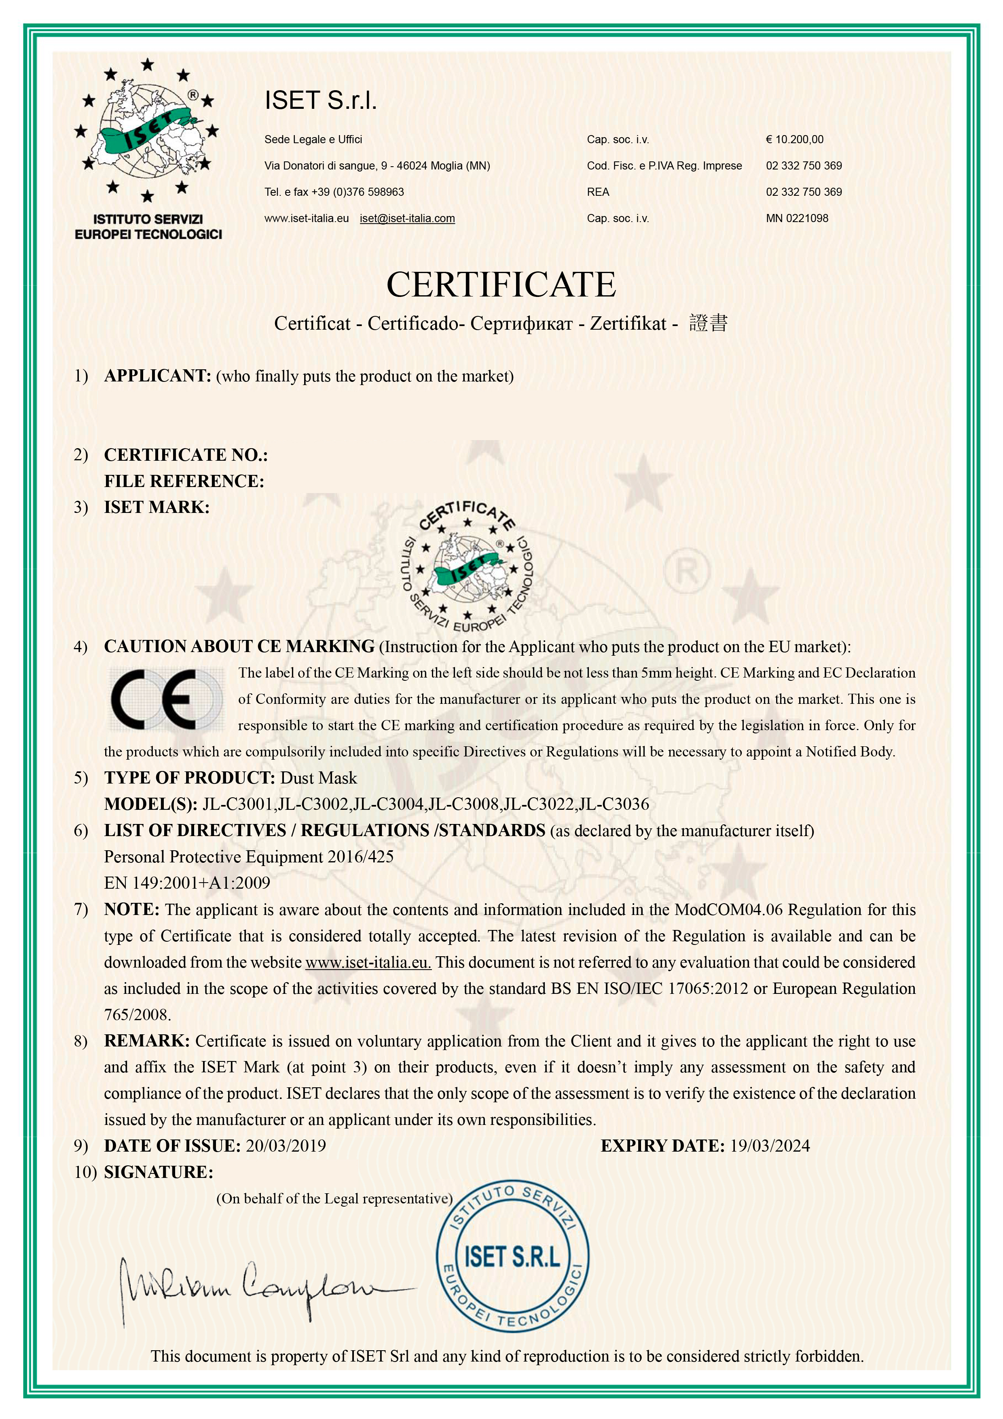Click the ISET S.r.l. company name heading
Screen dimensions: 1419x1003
pos(320,100)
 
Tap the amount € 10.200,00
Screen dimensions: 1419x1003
pos(794,140)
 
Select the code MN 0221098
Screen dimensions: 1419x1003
pos(797,218)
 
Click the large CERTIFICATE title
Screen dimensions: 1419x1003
pos(501,284)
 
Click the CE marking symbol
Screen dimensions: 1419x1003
pos(166,699)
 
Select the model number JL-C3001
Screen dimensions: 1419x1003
pos(238,804)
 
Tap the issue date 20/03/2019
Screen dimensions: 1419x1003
pos(286,1146)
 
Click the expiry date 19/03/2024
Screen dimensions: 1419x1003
pos(769,1146)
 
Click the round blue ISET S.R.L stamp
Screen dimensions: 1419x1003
pos(512,1258)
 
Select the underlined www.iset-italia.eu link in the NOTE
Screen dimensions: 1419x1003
pos(368,962)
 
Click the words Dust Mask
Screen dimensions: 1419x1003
pos(318,778)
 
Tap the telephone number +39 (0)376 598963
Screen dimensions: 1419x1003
pos(357,192)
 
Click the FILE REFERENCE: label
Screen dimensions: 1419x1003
pos(184,481)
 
